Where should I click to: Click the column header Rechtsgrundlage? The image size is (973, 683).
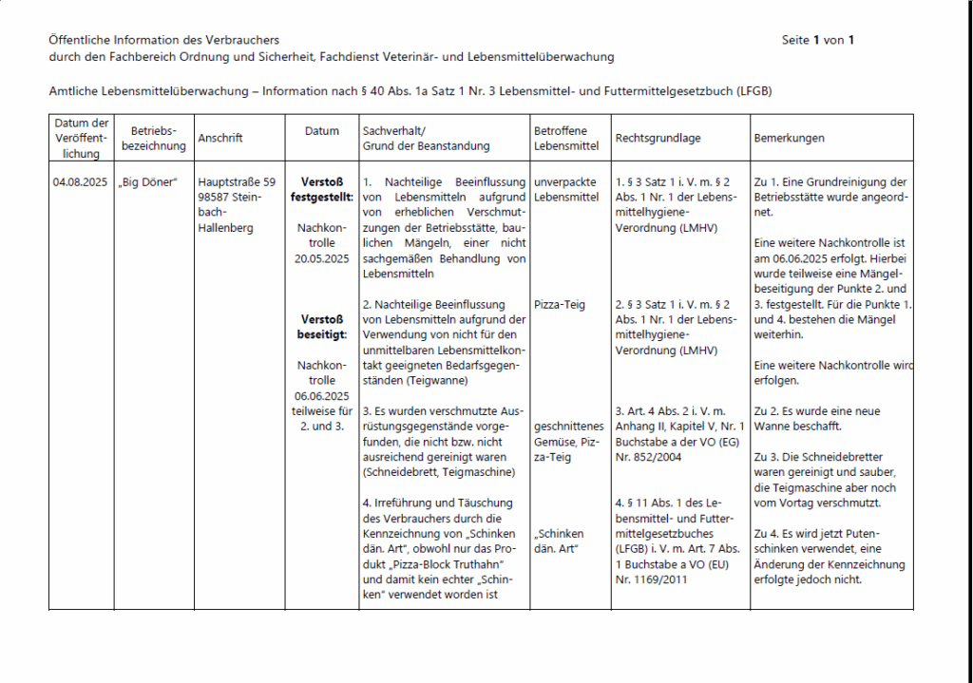coord(658,138)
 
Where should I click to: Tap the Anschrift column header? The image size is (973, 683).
coord(220,138)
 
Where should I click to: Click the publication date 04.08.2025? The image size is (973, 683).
coord(80,182)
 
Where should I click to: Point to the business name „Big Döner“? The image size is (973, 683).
coord(149,182)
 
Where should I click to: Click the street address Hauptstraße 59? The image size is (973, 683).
coord(237,182)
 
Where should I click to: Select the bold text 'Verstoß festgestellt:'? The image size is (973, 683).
coord(322,189)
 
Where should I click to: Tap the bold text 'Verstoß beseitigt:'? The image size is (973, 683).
coord(322,327)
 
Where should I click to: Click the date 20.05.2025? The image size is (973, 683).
coord(322,258)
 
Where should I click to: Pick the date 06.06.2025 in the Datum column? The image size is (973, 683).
coord(322,396)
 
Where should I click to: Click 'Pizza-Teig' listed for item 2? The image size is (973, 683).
coord(560,305)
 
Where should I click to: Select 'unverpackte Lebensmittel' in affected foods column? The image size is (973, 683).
coord(566,189)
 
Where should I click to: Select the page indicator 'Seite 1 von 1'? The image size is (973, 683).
coord(818,40)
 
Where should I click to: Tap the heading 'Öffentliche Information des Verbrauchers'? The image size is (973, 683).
coord(163,40)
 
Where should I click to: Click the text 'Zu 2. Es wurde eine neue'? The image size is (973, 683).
coord(816,411)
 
